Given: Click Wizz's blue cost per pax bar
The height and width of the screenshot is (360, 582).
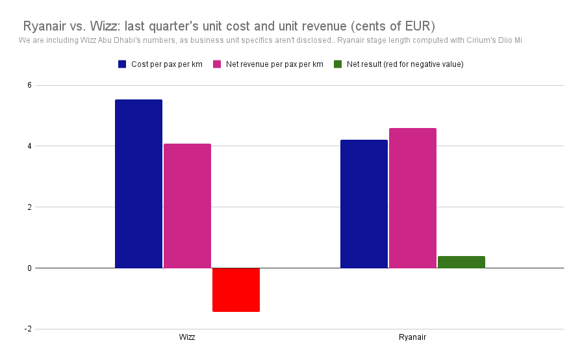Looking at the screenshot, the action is coord(138,184).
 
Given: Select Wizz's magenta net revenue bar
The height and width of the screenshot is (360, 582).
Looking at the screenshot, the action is coord(188,205).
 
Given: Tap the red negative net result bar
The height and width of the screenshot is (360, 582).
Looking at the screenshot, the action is coord(236,290).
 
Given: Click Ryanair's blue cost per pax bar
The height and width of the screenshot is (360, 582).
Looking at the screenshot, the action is coord(364,204).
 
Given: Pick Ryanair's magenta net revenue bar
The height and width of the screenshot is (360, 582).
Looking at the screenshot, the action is coord(412,198).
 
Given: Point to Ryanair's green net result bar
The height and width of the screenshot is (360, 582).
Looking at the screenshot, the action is coord(461,262).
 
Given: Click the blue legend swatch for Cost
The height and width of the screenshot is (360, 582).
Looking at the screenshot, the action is coord(122,64).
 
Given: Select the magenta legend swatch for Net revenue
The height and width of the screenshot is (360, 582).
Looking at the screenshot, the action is coord(217,64).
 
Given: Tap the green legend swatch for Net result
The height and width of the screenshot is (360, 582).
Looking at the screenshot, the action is coord(338,64).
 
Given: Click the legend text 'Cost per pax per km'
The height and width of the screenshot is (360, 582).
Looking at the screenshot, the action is coord(167,64).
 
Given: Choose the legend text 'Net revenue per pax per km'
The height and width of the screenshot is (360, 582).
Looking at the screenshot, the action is coord(274,64).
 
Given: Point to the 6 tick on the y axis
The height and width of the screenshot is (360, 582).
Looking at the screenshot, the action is coord(29,85).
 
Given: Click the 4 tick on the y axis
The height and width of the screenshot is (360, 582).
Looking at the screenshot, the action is coord(29,146).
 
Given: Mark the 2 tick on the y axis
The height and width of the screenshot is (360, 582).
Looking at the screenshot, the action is coord(29,207).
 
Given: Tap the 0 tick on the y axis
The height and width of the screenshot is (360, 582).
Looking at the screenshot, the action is coord(29,268).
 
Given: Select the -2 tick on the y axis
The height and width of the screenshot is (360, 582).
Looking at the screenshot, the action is coord(28,329).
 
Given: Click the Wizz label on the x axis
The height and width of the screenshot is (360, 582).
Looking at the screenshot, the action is coord(186,337).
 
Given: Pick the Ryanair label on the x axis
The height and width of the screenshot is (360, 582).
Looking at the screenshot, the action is coord(412,337).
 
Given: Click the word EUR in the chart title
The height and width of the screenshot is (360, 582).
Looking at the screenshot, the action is coord(418,26).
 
